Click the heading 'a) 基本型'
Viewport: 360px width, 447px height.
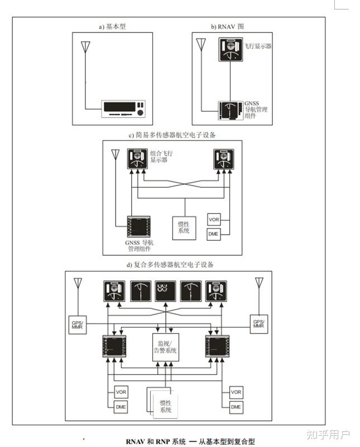[112, 26]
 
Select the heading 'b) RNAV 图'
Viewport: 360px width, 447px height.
[227, 26]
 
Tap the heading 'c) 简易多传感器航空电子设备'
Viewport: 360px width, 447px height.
[171, 135]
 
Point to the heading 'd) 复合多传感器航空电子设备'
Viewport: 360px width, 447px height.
[170, 264]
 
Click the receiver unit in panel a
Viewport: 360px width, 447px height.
[123, 108]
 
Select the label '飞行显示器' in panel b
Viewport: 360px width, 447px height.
[257, 46]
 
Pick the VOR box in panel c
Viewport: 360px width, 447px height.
[214, 219]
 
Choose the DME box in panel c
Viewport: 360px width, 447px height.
[213, 234]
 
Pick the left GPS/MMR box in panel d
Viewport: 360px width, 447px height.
[78, 324]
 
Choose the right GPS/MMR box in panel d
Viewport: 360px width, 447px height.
[258, 324]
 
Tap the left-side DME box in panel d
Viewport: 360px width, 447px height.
[121, 407]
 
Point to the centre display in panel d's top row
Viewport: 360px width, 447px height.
[165, 291]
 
